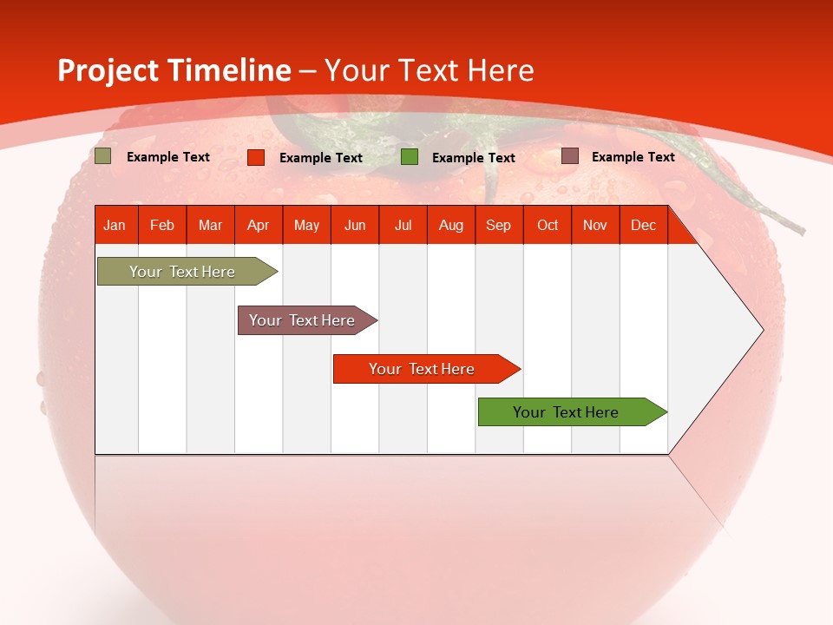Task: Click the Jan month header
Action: [x=115, y=225]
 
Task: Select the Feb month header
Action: [x=162, y=225]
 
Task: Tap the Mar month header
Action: [x=210, y=225]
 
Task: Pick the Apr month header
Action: [x=259, y=225]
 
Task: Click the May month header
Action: [x=306, y=225]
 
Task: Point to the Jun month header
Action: [x=355, y=225]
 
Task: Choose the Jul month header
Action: [x=403, y=225]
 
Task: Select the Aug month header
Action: [x=451, y=225]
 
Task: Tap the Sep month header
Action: [x=499, y=225]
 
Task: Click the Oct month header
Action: [x=548, y=225]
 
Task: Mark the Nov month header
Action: [x=595, y=225]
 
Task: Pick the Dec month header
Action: [x=644, y=225]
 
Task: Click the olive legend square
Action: [x=103, y=156]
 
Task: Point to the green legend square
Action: [x=410, y=157]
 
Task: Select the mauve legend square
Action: [x=569, y=156]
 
